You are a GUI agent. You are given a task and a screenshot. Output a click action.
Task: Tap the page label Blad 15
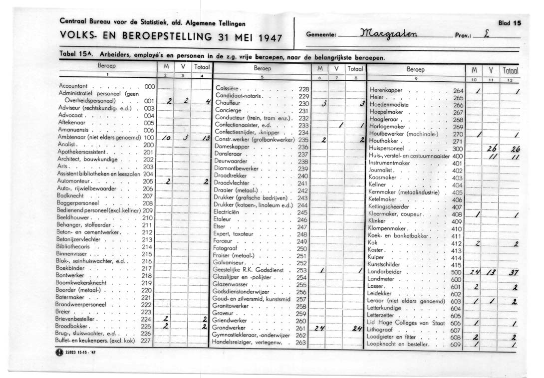(510, 23)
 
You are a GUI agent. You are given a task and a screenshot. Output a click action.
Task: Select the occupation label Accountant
(73, 86)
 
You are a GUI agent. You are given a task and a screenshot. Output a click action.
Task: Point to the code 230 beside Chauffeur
(304, 104)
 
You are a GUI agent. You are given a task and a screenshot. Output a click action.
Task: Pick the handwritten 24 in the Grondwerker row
(320, 329)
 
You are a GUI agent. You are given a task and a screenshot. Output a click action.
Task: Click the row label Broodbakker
(72, 326)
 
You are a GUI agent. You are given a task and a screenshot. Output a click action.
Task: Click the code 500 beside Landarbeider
(456, 272)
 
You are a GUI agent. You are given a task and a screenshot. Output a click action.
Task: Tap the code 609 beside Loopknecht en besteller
(456, 345)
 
